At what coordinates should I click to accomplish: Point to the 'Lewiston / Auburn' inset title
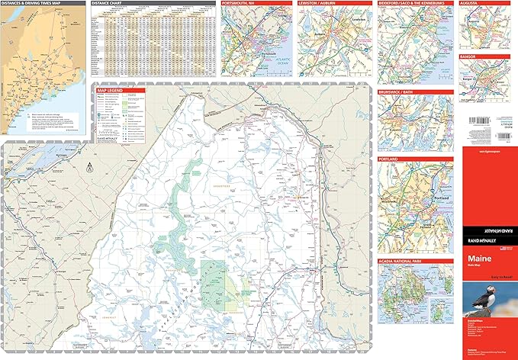click(317, 3)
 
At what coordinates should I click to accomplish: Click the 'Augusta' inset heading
click(470, 3)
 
